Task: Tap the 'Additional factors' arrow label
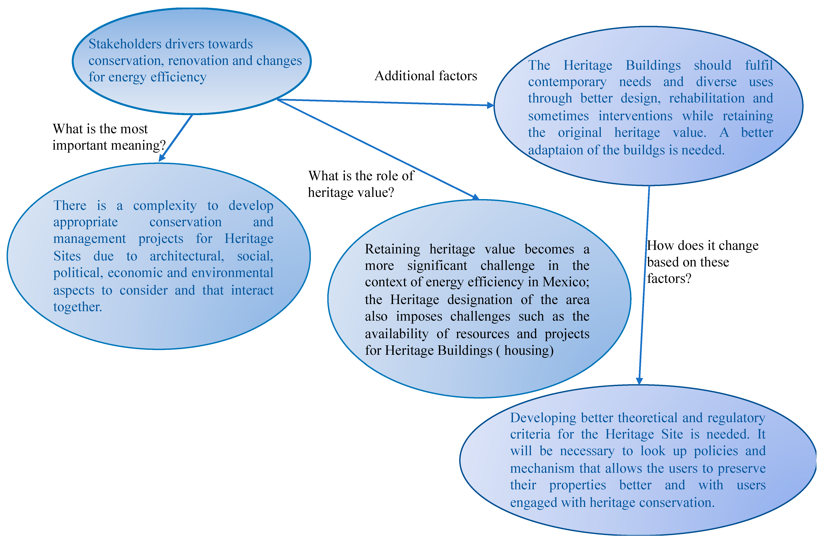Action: [426, 76]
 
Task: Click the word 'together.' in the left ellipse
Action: [78, 307]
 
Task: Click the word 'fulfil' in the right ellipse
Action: [758, 65]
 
